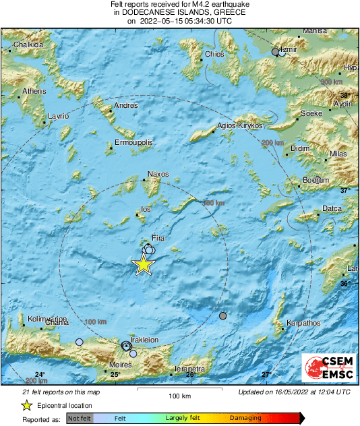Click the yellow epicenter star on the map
(143, 265)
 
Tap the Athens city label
(34, 91)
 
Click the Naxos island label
(158, 175)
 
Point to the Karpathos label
(303, 324)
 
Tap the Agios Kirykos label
(239, 125)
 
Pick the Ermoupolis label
(133, 143)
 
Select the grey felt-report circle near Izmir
(275, 52)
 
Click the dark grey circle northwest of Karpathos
(223, 315)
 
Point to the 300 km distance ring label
(331, 82)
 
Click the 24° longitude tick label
(40, 375)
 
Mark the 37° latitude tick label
(344, 191)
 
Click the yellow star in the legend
(26, 405)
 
